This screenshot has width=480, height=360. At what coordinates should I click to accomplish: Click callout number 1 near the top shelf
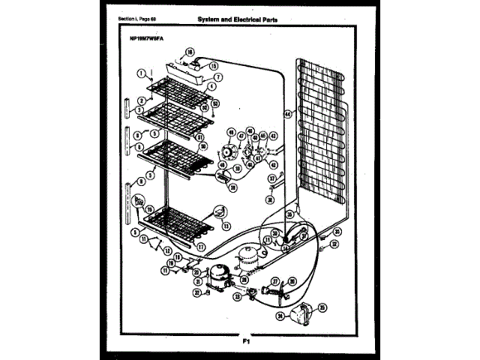(140, 73)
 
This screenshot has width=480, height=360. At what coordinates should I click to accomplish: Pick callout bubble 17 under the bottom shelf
(199, 245)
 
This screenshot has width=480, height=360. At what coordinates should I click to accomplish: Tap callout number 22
(198, 292)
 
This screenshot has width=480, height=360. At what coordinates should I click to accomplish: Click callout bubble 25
(322, 307)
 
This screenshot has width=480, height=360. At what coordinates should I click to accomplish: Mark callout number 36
(270, 200)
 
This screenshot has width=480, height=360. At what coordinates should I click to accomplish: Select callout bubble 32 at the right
(334, 244)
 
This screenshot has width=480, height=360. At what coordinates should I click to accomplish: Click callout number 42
(273, 136)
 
